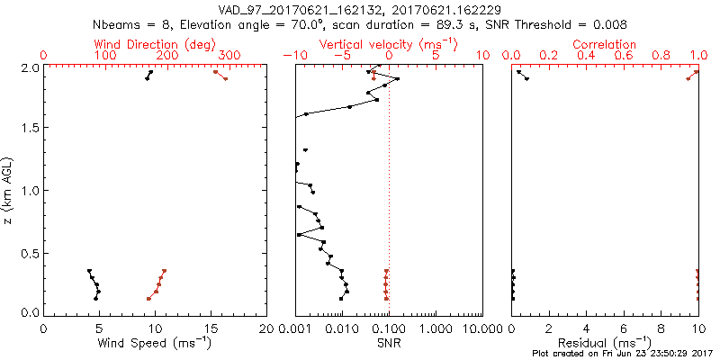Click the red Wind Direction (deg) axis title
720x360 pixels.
click(x=155, y=45)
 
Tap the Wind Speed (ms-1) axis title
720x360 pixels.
click(x=154, y=343)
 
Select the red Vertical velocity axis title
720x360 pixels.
click(x=388, y=45)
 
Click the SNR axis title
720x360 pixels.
click(x=389, y=343)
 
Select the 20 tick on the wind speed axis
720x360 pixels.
click(x=266, y=328)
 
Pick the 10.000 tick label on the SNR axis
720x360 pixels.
click(x=473, y=328)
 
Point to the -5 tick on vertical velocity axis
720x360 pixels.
click(x=340, y=56)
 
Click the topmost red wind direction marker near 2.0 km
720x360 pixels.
click(x=215, y=72)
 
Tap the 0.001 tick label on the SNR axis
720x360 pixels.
click(x=296, y=328)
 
